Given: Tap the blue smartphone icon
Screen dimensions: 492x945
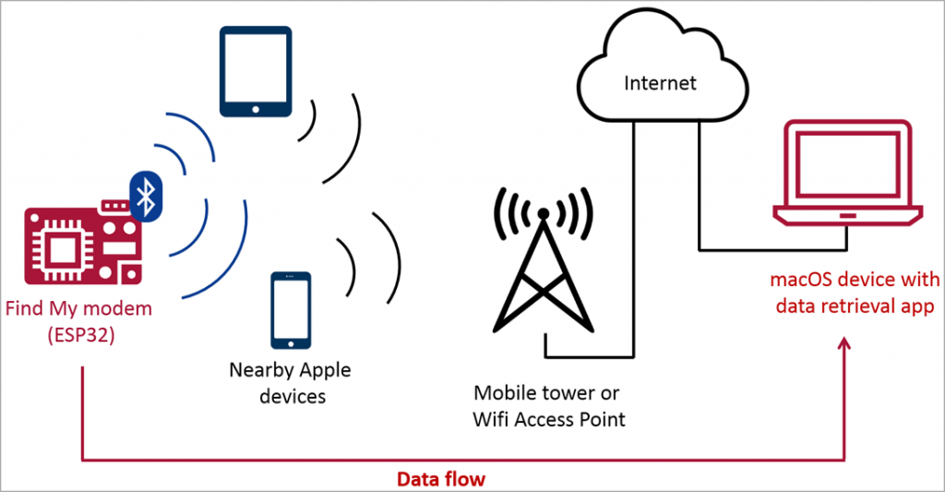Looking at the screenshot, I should [290, 312].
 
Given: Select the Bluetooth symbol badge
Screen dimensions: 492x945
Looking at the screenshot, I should [144, 196].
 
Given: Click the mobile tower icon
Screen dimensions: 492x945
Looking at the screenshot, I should [543, 268].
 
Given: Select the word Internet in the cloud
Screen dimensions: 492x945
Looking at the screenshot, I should [661, 83].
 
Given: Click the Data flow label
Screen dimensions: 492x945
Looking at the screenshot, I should [440, 479].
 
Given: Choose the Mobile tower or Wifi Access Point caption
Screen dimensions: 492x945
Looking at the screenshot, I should [549, 406].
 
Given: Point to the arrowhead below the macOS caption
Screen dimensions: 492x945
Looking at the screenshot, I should [846, 343].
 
